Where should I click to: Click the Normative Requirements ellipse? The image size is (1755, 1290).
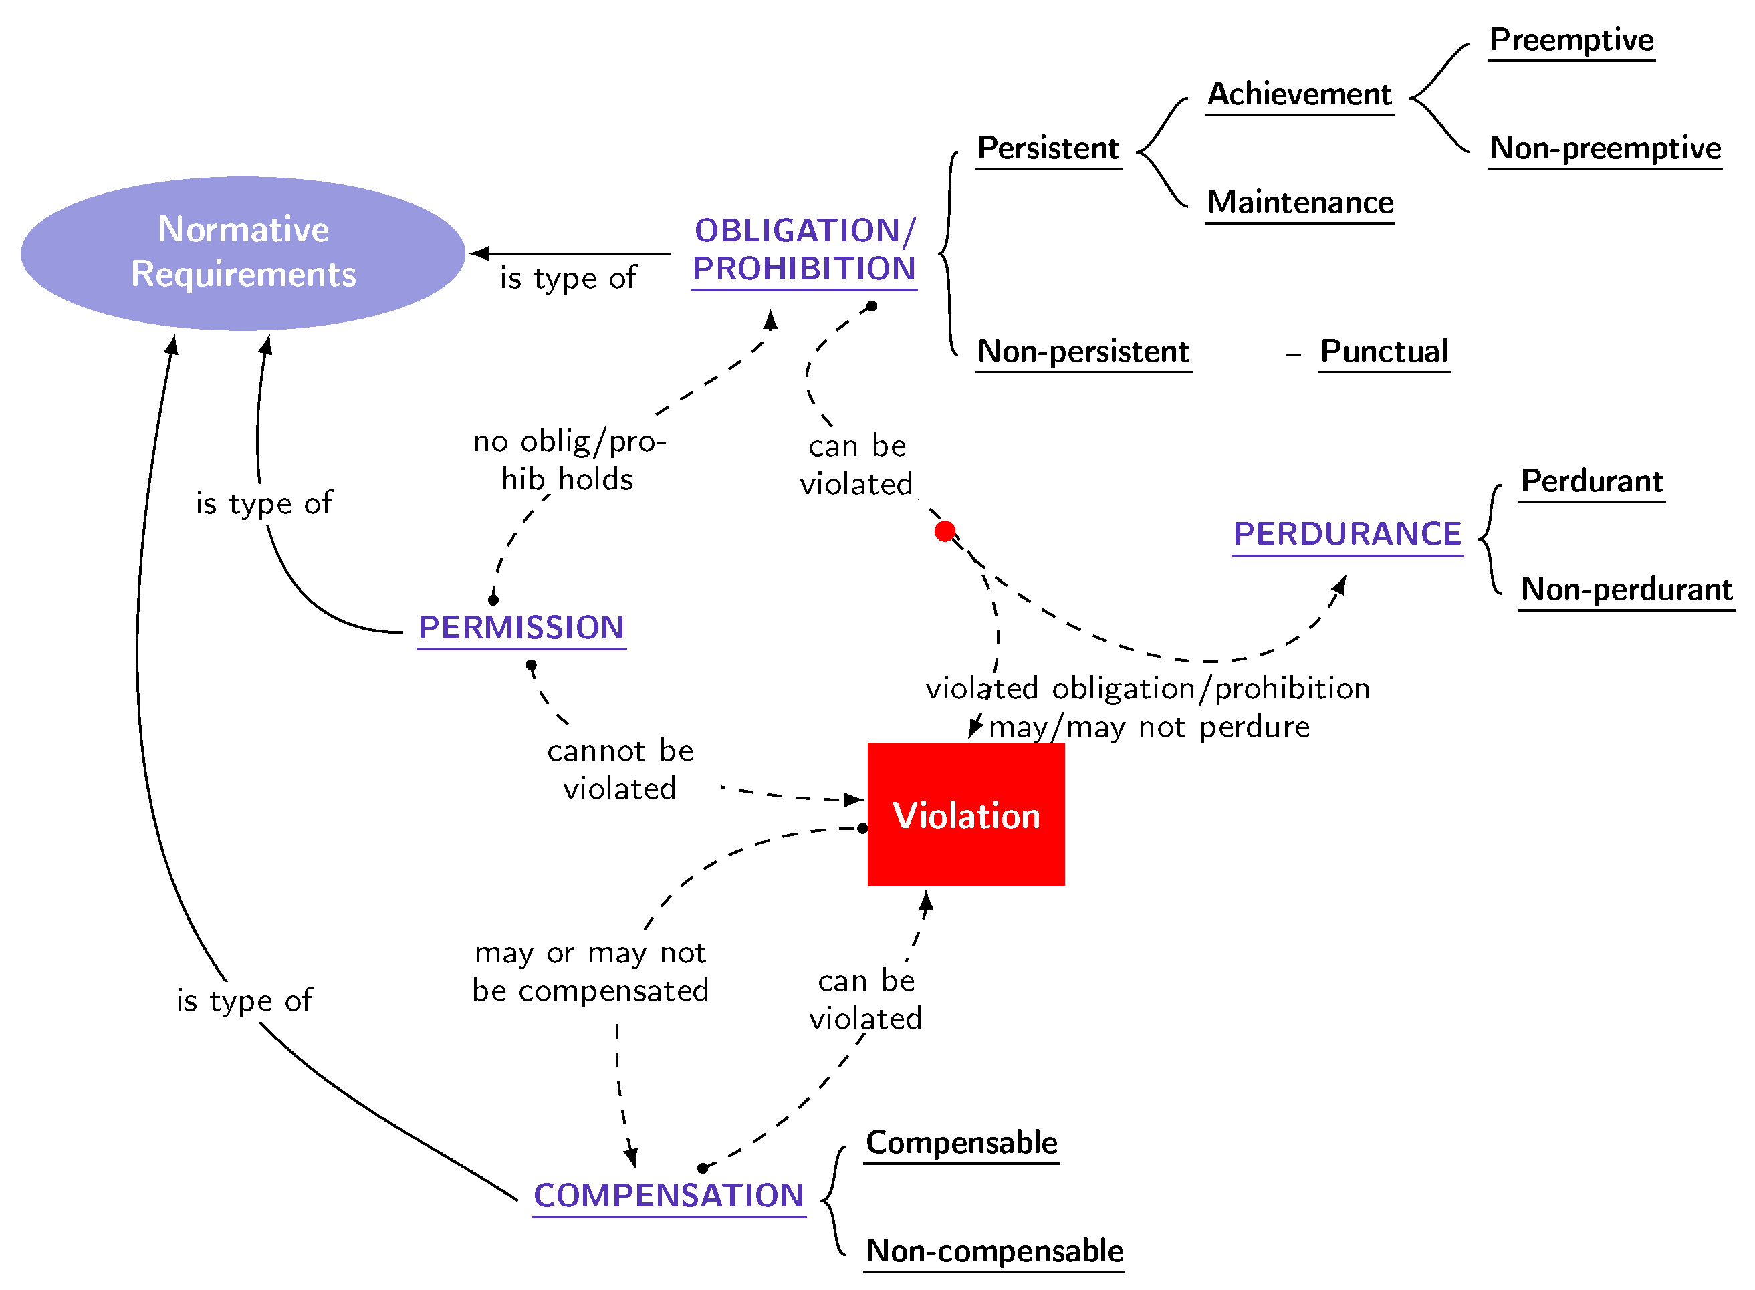243,253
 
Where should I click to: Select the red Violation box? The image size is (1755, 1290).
966,813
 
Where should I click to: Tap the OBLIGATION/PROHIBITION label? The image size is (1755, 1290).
804,250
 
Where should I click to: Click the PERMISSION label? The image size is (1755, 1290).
521,627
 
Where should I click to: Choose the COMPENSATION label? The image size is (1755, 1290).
669,1196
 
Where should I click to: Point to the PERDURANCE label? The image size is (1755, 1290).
1347,534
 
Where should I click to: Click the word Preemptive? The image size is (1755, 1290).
1571,40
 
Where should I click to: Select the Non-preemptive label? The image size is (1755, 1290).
1605,148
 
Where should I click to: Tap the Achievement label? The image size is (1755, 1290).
1300,94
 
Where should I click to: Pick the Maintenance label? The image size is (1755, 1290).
1300,203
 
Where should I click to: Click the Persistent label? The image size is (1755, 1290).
1048,148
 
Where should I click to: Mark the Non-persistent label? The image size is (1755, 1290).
1083,352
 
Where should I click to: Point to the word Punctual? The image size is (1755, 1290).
1384,352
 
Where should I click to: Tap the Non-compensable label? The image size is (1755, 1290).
994,1251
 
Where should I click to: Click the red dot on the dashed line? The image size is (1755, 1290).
945,532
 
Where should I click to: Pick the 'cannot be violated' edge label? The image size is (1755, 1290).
620,770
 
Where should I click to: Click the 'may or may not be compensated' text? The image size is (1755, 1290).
590,973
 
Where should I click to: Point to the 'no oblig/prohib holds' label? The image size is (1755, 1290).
570,460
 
